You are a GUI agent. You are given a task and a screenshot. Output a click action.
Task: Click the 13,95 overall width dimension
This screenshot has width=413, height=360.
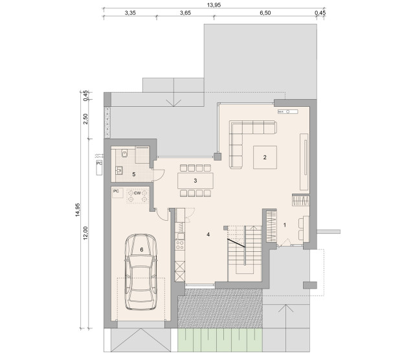[x=214, y=5]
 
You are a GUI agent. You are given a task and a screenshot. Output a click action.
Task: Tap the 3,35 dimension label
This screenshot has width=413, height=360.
[x=130, y=13]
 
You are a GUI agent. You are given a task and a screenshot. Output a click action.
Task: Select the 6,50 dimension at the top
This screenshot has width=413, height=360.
[x=265, y=13]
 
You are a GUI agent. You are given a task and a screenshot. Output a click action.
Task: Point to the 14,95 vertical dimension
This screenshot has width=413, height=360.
[x=78, y=210]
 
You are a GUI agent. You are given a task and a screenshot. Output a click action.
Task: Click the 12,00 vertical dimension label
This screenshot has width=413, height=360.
[x=85, y=233]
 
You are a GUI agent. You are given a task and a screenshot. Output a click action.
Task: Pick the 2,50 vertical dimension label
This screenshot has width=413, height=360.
[x=85, y=119]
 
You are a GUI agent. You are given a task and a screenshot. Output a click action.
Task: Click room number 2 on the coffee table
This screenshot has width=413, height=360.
[x=265, y=157]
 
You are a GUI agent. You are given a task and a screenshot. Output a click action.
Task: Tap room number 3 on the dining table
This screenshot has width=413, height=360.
[x=195, y=181]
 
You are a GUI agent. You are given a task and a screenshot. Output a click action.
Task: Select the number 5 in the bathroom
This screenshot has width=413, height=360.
[x=134, y=174]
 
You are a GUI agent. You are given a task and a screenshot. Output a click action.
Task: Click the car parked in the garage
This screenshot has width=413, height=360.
[x=141, y=271]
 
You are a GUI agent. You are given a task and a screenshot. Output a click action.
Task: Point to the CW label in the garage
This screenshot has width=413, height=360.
[x=137, y=193]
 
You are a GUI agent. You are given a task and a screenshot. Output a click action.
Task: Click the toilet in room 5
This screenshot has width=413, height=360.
[x=124, y=153]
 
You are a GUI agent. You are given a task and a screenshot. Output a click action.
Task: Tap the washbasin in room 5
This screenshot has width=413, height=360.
[x=119, y=171]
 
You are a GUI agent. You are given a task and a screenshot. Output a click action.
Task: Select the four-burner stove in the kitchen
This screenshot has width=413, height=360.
[x=180, y=245]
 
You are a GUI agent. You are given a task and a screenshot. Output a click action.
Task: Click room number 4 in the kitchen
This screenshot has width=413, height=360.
[x=208, y=234]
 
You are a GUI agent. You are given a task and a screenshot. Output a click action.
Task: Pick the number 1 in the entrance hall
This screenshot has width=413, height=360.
[x=284, y=225]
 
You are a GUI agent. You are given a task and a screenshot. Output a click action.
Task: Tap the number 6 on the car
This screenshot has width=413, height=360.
[x=142, y=249]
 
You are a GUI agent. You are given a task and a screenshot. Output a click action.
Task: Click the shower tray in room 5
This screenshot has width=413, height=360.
[x=142, y=155]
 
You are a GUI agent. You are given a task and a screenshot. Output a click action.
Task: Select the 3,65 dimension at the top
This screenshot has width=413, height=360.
[x=185, y=13]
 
